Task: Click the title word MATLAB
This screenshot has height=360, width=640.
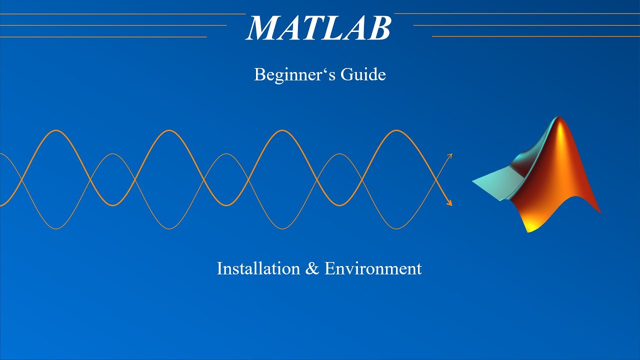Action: click(x=318, y=28)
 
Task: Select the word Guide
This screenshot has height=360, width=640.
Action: click(x=363, y=75)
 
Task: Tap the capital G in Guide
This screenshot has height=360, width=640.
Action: click(x=347, y=75)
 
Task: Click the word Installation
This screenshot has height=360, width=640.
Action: click(x=258, y=268)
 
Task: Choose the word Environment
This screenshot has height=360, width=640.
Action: click(x=373, y=268)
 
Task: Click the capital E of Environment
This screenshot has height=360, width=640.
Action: click(x=329, y=268)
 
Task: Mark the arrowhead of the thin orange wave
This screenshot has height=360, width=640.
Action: click(x=450, y=155)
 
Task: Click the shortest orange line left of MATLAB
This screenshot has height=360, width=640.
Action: click(x=103, y=36)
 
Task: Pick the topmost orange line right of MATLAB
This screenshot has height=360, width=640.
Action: click(x=517, y=14)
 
